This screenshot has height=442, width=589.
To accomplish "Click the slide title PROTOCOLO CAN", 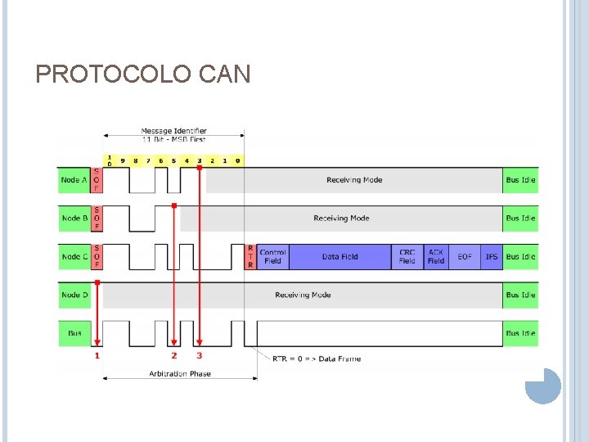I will tap(143, 75).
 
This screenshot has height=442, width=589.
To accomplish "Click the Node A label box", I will tap(74, 180).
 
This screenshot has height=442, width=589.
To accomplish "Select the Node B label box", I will tap(74, 219).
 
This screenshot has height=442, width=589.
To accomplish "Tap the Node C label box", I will tap(74, 257).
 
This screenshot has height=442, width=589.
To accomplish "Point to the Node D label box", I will tap(74, 295).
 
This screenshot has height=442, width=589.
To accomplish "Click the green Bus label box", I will tap(74, 333).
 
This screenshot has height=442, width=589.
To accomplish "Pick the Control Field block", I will tap(272, 257).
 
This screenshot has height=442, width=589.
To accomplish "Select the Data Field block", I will tap(339, 257).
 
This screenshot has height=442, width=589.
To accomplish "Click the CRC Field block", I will tap(407, 257).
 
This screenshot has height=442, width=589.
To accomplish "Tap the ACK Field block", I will tap(436, 257).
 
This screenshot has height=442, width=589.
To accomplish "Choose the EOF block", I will tap(465, 257).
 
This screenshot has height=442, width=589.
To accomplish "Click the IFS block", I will tap(491, 257).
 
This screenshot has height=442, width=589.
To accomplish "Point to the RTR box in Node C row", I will tap(250, 257).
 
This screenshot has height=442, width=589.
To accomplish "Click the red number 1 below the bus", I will tap(97, 356).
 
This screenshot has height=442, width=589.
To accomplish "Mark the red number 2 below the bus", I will tap(173, 356).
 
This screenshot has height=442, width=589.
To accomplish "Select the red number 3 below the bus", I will tap(199, 356).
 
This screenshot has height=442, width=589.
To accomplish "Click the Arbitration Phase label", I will tap(179, 374).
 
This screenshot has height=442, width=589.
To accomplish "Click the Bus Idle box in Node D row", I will tap(520, 295).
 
